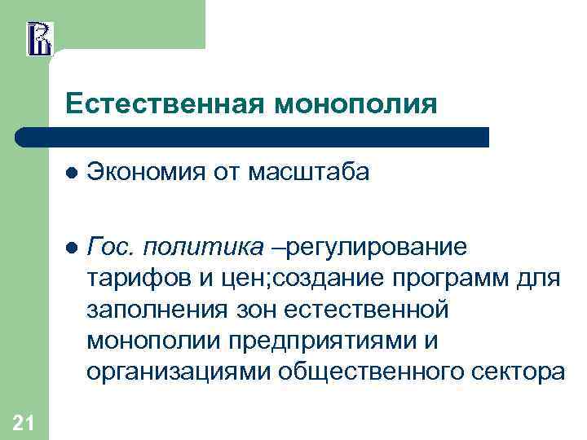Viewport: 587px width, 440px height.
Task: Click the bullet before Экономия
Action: (x=72, y=173)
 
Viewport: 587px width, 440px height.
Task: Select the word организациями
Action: (x=178, y=372)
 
